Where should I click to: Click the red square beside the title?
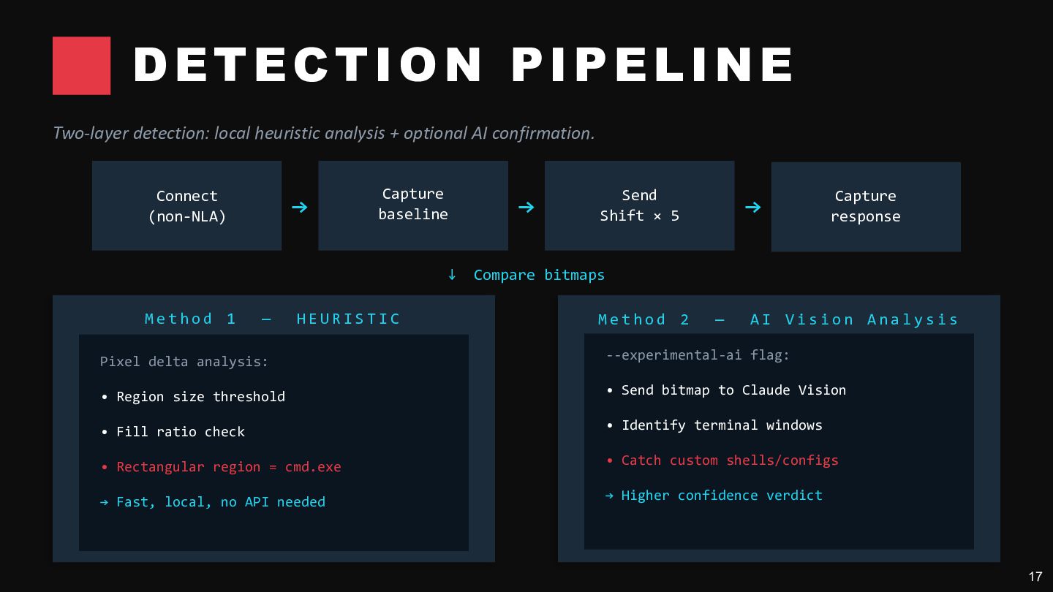pos(81,66)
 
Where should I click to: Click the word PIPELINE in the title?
pos(652,65)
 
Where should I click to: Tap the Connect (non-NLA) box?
pos(186,206)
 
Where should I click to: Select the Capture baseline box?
pos(413,206)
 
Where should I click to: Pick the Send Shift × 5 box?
pos(639,206)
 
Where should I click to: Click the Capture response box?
pos(866,207)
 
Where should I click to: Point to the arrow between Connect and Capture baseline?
pos(300,208)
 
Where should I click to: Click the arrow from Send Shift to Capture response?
pos(753,208)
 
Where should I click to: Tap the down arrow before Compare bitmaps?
pos(452,274)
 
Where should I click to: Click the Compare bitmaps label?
pos(539,275)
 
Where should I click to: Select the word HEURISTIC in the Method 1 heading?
pos(348,319)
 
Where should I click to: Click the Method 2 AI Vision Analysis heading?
pos(778,320)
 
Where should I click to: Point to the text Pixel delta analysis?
pos(184,362)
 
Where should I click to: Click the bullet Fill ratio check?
pos(173,432)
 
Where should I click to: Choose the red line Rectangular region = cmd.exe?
pos(222,467)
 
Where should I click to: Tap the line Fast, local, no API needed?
pos(213,502)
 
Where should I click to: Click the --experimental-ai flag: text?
pos(698,355)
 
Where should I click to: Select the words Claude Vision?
pos(794,390)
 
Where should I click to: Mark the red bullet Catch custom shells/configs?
pos(722,460)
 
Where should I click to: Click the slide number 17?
pos(1035,577)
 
